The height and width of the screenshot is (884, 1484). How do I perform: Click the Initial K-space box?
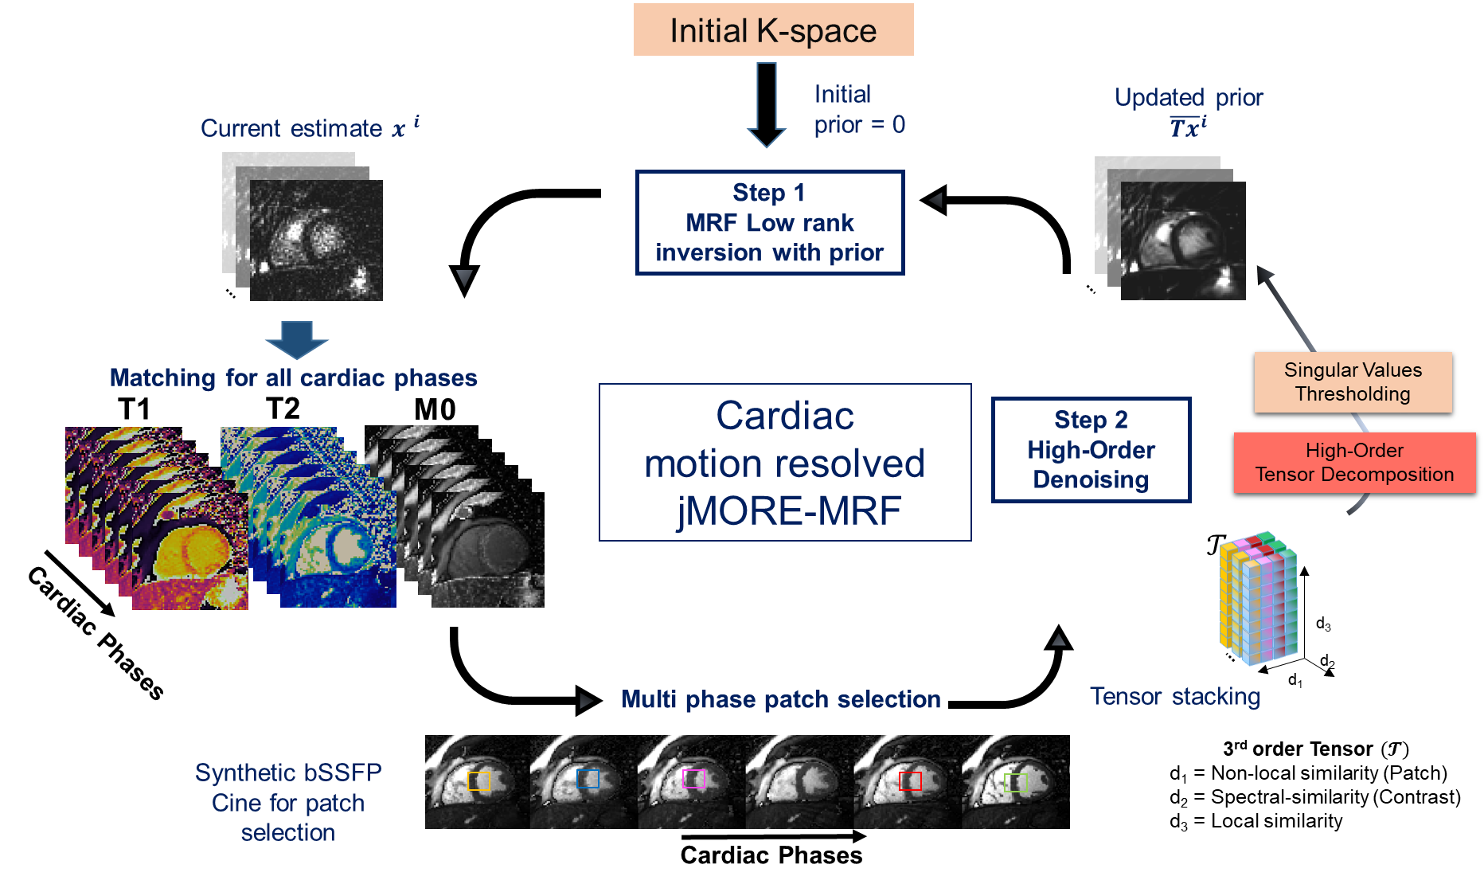pyautogui.click(x=773, y=30)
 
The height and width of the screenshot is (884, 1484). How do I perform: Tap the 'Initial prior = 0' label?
pyautogui.click(x=861, y=109)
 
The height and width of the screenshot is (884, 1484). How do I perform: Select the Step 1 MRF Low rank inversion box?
pyautogui.click(x=770, y=223)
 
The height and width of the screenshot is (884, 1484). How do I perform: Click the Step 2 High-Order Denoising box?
pyautogui.click(x=1091, y=450)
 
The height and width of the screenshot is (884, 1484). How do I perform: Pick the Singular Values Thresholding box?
pyautogui.click(x=1353, y=382)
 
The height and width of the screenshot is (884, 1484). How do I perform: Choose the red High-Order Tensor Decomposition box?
pyautogui.click(x=1354, y=463)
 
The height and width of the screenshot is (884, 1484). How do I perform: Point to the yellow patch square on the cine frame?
pyautogui.click(x=478, y=781)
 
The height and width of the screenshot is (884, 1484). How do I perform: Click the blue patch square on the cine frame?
pyautogui.click(x=588, y=779)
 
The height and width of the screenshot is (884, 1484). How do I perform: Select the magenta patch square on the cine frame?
pyautogui.click(x=694, y=779)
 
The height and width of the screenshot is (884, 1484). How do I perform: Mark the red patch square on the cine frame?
pyautogui.click(x=910, y=781)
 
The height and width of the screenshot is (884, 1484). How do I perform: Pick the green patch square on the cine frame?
pyautogui.click(x=1016, y=783)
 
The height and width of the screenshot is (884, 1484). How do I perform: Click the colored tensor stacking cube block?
pyautogui.click(x=1258, y=598)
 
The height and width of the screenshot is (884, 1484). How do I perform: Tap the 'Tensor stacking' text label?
pyautogui.click(x=1174, y=697)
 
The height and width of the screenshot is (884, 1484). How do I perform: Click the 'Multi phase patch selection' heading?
pyautogui.click(x=781, y=699)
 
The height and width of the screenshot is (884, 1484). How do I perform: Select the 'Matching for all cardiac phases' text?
pyautogui.click(x=293, y=377)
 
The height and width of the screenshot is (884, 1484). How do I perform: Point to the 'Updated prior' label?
pyautogui.click(x=1188, y=98)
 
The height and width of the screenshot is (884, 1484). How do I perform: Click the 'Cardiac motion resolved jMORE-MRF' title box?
pyautogui.click(x=785, y=463)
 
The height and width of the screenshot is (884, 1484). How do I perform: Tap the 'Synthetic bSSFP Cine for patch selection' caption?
pyautogui.click(x=288, y=803)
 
